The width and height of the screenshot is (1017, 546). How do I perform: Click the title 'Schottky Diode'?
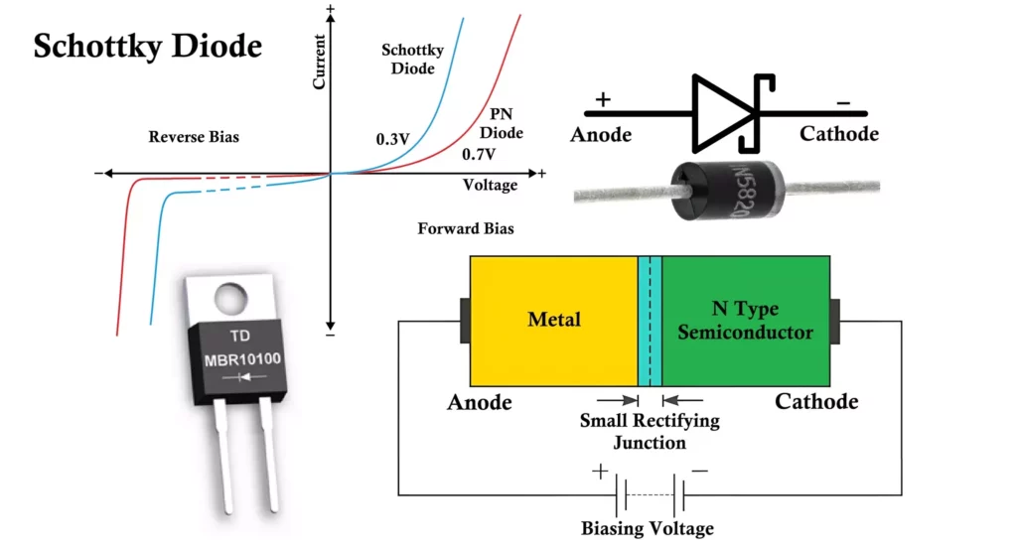pos(148,46)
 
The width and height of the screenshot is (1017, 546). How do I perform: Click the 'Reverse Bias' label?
pos(194,137)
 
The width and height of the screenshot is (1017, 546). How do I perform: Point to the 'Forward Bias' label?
pos(466,228)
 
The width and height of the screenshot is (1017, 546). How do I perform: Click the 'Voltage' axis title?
pos(490,186)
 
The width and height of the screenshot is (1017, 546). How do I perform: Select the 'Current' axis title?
pos(320,62)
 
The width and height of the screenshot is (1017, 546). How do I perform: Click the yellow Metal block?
pos(553,320)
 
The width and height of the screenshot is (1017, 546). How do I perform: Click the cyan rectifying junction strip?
pos(650,320)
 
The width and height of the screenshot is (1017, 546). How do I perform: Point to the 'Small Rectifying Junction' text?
pos(650,431)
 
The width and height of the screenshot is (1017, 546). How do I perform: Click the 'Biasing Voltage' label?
pos(648,528)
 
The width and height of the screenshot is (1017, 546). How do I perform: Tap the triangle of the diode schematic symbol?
pos(721,113)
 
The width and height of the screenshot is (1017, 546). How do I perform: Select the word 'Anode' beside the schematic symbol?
pos(600,134)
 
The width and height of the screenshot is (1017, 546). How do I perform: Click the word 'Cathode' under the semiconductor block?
pos(816,402)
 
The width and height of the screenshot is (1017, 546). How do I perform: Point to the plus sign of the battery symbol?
pos(600,472)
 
